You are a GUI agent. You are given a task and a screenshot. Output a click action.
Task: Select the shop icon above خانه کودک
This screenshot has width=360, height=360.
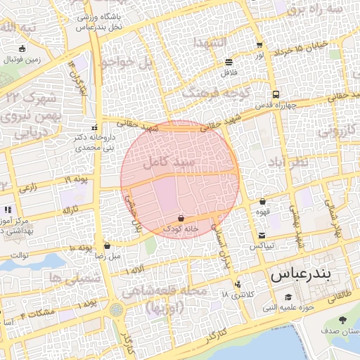[x=182, y=217]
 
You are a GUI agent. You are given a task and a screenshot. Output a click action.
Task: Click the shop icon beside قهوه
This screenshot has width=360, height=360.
[x=263, y=201]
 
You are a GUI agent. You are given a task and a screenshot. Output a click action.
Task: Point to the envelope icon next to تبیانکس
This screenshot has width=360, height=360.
[x=262, y=236]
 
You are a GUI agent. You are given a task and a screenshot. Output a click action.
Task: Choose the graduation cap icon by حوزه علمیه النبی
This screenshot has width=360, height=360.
[x=289, y=297]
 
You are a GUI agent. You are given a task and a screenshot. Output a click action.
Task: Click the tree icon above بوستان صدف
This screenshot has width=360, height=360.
[x=342, y=321]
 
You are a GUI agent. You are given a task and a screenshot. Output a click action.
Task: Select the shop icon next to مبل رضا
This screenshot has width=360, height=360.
[x=107, y=246]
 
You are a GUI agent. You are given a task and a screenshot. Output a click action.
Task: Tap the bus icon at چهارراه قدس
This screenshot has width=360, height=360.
[x=275, y=94]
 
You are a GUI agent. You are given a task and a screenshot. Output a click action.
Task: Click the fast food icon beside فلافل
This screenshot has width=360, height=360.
[x=229, y=62]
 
